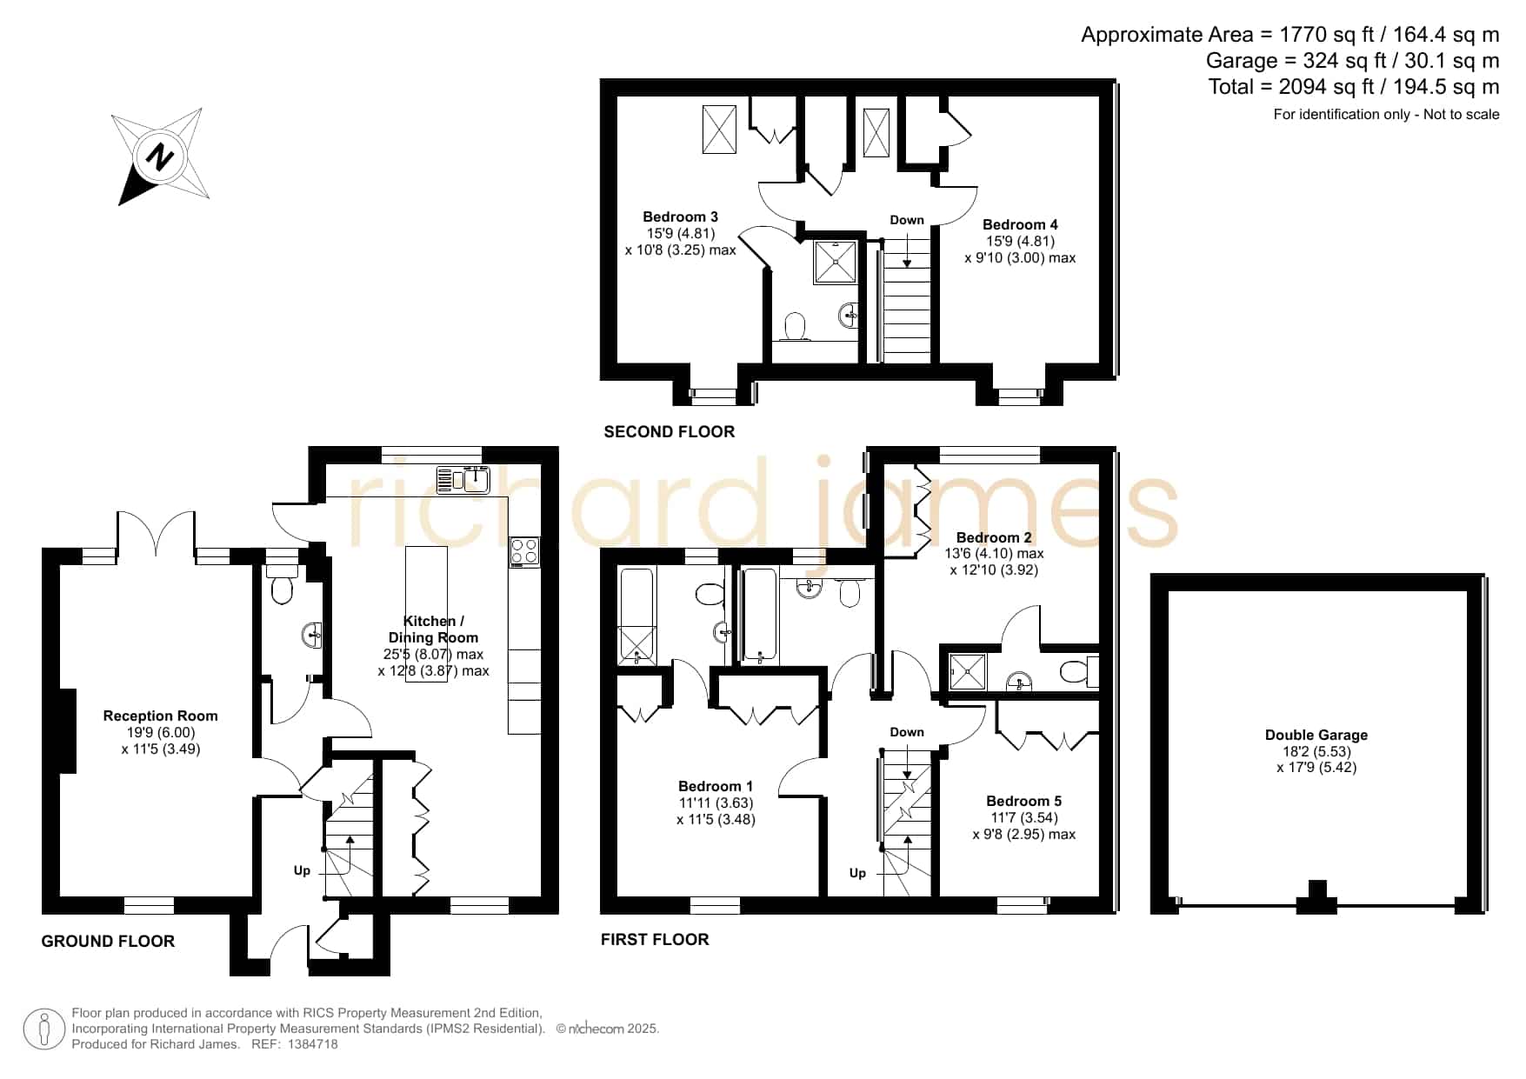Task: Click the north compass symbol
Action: click(162, 157)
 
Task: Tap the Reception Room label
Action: click(160, 716)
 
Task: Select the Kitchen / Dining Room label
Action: click(433, 629)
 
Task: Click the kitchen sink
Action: click(464, 479)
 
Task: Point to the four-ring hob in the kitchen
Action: click(524, 552)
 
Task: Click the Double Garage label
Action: click(1316, 735)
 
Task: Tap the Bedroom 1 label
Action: click(716, 786)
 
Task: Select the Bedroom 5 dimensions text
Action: click(1023, 826)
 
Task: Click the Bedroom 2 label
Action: click(994, 537)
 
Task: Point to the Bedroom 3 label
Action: click(680, 216)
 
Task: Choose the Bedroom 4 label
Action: click(1020, 224)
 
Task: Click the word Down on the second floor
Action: click(907, 220)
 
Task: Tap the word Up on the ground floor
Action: click(302, 870)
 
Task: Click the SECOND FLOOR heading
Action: click(670, 431)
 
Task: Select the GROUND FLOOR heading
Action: click(108, 941)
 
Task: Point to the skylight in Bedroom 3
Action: click(718, 129)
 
